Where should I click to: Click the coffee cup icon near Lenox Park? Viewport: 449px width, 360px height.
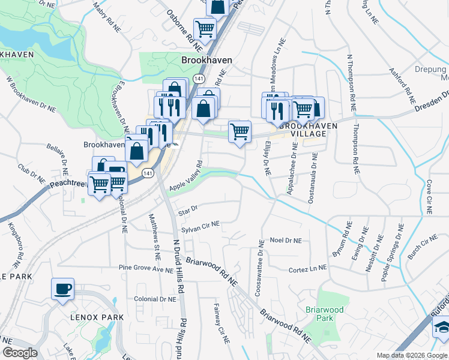pos(62,289)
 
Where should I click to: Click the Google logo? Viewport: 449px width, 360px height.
pos(20,353)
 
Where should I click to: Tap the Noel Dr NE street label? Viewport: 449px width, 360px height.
pos(286,240)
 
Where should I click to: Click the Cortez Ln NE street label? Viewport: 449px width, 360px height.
pos(307,269)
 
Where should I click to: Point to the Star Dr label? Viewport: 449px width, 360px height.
pos(188,210)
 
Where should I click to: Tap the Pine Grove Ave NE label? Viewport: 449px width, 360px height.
pos(146,268)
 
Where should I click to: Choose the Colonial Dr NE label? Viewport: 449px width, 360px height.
pos(155,299)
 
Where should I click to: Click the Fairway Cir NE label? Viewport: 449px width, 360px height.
pos(220,323)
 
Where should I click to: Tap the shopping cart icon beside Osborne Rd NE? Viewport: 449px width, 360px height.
pos(205,28)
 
